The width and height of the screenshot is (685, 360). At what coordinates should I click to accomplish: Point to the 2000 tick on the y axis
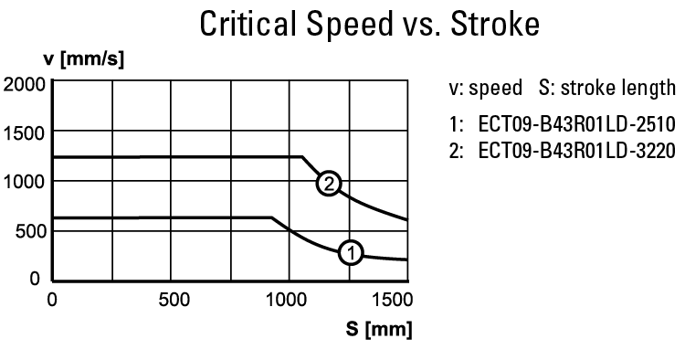(x=25, y=85)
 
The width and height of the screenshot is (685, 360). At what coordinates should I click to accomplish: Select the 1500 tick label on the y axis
(x=25, y=132)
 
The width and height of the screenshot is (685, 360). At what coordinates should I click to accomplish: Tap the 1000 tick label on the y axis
(x=25, y=181)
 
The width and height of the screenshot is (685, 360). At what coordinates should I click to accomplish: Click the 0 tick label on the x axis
(x=52, y=299)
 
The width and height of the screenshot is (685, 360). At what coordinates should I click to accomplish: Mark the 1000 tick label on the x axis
(x=290, y=299)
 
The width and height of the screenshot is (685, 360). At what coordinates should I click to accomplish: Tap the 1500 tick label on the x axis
(x=392, y=299)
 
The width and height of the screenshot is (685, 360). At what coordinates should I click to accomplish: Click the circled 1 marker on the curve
(x=351, y=251)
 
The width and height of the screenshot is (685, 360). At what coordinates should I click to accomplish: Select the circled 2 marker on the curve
(x=328, y=184)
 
